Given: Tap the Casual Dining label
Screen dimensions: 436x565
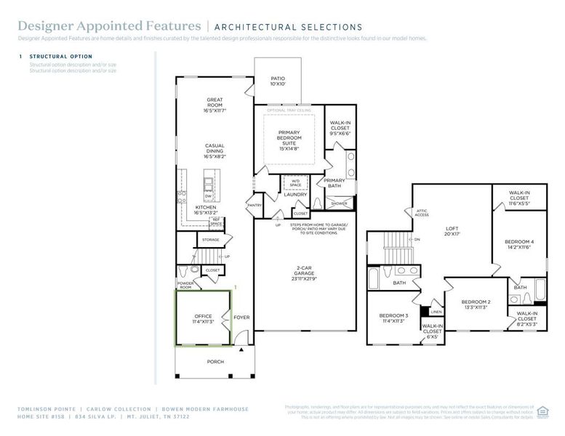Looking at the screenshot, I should coord(215,150).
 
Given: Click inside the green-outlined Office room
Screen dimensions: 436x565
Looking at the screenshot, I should coord(203,318).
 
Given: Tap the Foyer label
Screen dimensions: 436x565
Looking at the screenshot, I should coord(241,318).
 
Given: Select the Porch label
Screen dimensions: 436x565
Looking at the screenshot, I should coord(215,361).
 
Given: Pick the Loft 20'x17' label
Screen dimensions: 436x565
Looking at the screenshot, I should coord(453,231).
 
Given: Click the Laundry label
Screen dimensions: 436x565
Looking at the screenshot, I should coord(295,195).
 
